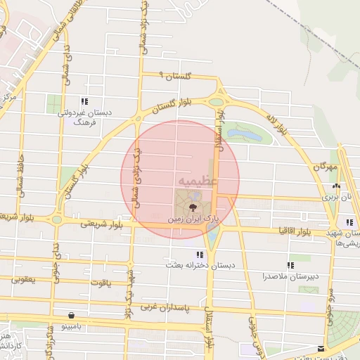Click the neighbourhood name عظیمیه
click(x=198, y=180)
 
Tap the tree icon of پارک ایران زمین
click(x=191, y=207)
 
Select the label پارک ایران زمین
click(x=193, y=219)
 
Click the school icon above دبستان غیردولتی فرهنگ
click(x=84, y=101)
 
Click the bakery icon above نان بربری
click(x=336, y=187)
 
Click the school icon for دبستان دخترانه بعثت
click(x=200, y=255)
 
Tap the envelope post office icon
click(x=321, y=348)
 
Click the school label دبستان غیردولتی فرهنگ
click(x=84, y=117)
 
